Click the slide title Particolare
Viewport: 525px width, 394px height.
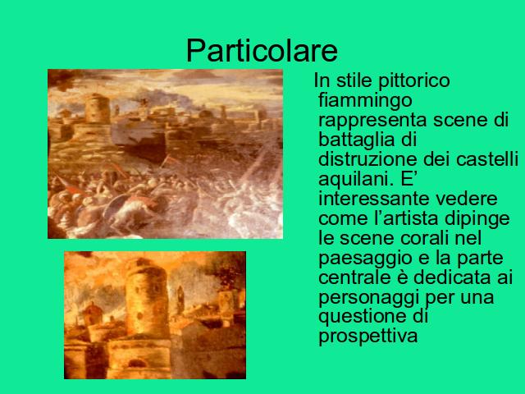pos(262,51)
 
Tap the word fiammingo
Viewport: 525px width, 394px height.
pos(365,101)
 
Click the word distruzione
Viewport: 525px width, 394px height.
pos(367,159)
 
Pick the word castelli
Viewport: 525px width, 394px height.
pos(486,159)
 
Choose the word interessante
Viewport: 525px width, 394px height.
pos(373,199)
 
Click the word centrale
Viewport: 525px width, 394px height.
pos(363,277)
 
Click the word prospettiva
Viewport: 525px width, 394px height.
pos(368,337)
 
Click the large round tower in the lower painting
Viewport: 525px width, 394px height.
pos(147,296)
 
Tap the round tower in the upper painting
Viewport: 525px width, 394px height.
pos(97,108)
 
